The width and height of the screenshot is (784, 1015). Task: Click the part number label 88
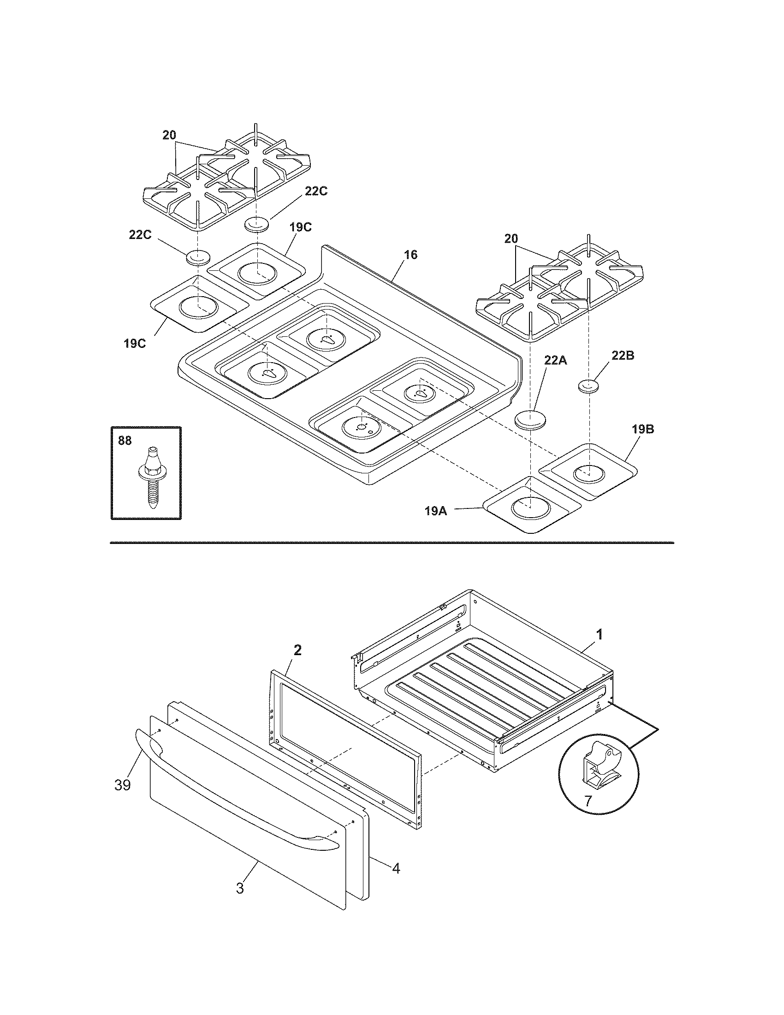[125, 441]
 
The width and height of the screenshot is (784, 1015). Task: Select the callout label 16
[410, 255]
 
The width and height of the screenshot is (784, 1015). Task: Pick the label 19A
[436, 511]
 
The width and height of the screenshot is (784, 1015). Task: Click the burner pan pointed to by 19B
[589, 471]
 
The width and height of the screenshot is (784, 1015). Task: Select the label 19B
[643, 430]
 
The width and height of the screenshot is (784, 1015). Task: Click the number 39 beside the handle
[123, 785]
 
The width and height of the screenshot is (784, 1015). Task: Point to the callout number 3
[240, 888]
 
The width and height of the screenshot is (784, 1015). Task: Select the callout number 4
[396, 868]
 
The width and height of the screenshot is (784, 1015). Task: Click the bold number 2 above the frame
[297, 650]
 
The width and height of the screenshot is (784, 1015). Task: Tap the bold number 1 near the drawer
[600, 634]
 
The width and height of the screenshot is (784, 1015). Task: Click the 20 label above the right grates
[511, 239]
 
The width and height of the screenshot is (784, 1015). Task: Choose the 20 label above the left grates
[169, 135]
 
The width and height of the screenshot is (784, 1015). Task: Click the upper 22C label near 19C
[316, 191]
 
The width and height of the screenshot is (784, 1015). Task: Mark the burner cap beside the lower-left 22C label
[198, 257]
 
